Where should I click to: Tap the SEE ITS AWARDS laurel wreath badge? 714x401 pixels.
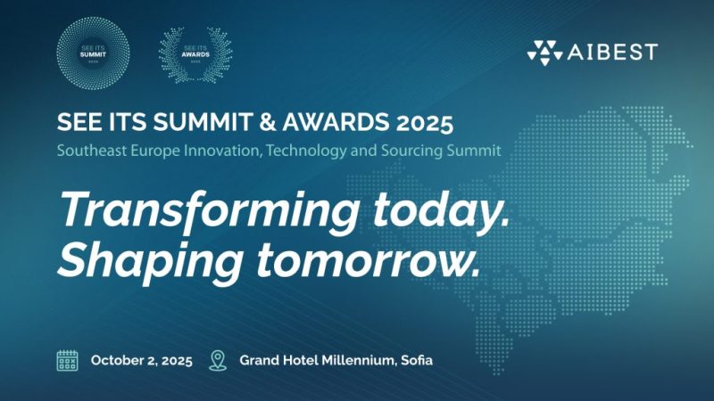[x=195, y=53]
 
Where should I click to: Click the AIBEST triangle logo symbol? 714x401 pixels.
[x=544, y=53]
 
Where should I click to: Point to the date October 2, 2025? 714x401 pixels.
[x=141, y=361]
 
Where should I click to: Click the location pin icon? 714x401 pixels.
[x=217, y=360]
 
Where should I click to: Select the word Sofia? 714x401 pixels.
[x=413, y=361]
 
